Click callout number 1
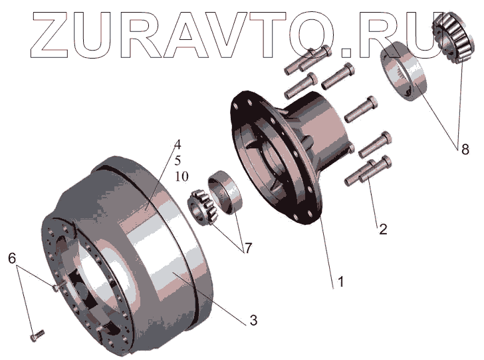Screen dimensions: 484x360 pyautogui.click(x=341, y=282)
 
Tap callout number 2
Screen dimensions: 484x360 pyautogui.click(x=383, y=230)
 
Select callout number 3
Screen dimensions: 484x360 pyautogui.click(x=253, y=321)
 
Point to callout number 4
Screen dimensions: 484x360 pyautogui.click(x=177, y=144)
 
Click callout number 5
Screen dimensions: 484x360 pyautogui.click(x=178, y=160)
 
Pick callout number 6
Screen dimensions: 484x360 pyautogui.click(x=12, y=258)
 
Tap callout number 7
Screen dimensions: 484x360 pyautogui.click(x=247, y=248)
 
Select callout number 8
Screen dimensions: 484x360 pyautogui.click(x=465, y=150)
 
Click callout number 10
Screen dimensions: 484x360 pyautogui.click(x=181, y=177)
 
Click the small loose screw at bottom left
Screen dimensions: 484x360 pyautogui.click(x=37, y=335)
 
